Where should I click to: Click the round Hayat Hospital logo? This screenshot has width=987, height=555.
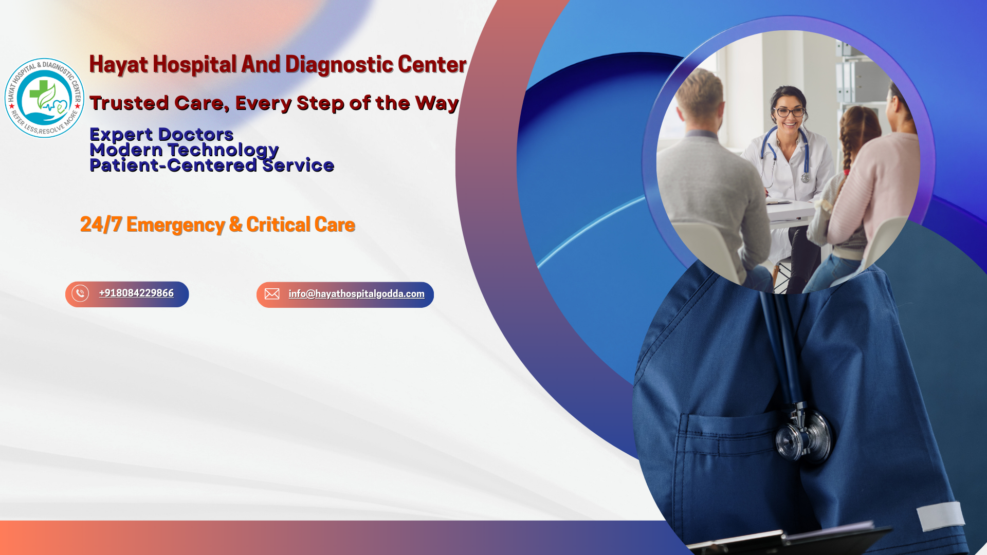[45, 98]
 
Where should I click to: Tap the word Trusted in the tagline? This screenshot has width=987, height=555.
[129, 103]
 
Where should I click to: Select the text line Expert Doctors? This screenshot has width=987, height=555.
[161, 134]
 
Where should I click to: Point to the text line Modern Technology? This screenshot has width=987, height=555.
[184, 150]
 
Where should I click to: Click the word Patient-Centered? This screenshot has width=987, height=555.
[173, 165]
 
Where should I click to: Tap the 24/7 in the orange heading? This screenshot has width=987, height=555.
[101, 225]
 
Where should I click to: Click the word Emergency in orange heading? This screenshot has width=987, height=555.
[176, 225]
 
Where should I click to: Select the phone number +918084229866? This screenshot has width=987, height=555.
[136, 293]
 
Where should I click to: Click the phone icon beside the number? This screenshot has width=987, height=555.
[80, 293]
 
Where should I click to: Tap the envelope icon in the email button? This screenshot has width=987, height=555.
[272, 294]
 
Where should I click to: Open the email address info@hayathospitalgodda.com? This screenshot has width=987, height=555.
[356, 294]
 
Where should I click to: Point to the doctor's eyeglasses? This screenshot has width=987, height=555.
[790, 112]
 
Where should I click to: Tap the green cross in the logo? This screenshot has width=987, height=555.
[39, 91]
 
